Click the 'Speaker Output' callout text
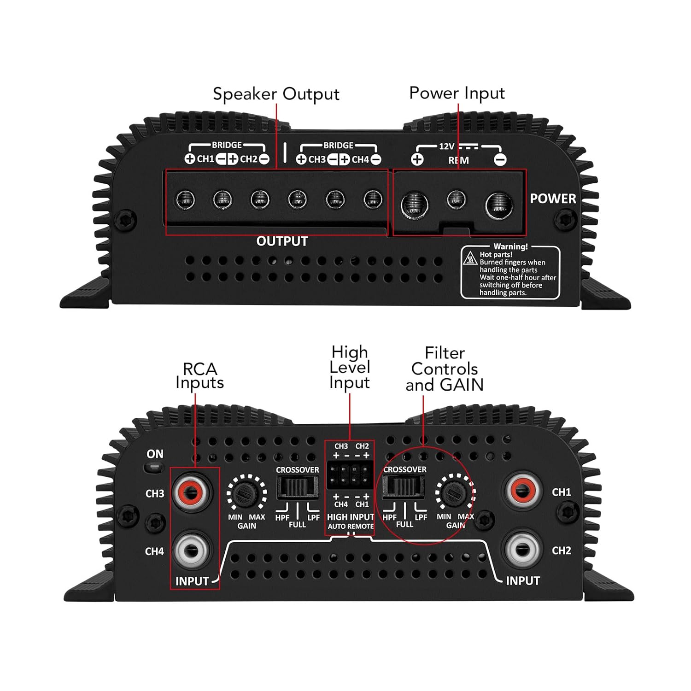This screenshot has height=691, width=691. coord(276,94)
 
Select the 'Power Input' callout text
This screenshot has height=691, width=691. coord(457,93)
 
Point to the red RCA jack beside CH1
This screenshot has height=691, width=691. coord(523,491)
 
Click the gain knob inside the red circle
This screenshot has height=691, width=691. coord(455,494)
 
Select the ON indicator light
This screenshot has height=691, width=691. coord(154,468)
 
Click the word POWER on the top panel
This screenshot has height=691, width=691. coord(553,199)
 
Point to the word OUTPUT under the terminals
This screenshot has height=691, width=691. coord(282,241)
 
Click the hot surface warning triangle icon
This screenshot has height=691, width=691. coord(470,258)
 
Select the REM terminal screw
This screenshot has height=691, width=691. coord(456,199)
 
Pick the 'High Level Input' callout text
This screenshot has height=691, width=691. coord(350,367)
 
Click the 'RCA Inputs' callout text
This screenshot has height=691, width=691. coord(199,375)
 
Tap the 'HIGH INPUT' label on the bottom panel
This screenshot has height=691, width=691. coord(350,517)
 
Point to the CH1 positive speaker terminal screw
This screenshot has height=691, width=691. coord(185,200)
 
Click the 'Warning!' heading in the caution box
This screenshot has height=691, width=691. coord(510,246)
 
